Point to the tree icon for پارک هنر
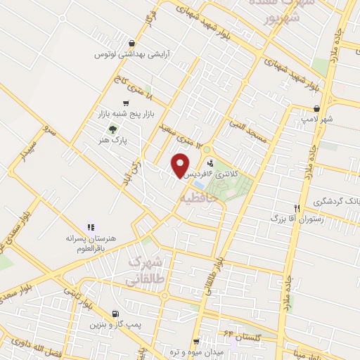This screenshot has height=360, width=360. (112, 129)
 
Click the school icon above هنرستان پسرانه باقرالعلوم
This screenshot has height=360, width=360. (90, 227)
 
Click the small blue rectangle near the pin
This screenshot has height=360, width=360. (200, 185)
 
